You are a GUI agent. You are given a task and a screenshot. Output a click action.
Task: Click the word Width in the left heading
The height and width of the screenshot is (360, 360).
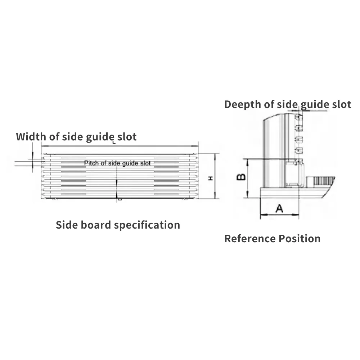(x=31, y=137)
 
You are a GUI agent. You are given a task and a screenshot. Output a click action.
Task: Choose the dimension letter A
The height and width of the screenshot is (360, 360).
(x=279, y=208)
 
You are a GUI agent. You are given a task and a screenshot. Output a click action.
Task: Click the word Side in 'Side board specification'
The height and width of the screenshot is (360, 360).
(x=65, y=225)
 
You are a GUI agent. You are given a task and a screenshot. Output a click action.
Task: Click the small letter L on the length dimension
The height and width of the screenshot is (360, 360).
(x=114, y=143)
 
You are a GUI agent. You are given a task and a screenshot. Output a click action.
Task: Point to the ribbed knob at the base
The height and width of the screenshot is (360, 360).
(x=320, y=181)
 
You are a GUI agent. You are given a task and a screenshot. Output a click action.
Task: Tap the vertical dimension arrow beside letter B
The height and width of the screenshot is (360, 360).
(x=248, y=178)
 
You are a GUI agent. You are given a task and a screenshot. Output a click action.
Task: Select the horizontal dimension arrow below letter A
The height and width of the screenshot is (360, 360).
(x=279, y=215)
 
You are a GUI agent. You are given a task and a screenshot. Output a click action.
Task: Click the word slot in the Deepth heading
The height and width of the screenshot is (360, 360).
(x=341, y=104)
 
